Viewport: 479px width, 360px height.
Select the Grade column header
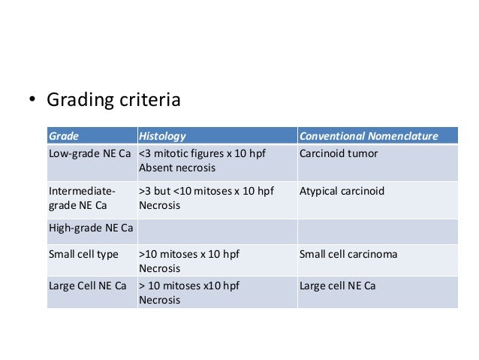pyautogui.click(x=64, y=136)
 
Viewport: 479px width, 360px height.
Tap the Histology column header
pyautogui.click(x=162, y=136)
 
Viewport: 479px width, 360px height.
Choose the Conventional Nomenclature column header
pyautogui.click(x=368, y=136)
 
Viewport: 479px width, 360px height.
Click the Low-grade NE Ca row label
pyautogui.click(x=90, y=154)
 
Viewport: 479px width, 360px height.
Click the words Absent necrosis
pyautogui.click(x=177, y=168)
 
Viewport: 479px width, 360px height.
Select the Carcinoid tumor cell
pyautogui.click(x=338, y=154)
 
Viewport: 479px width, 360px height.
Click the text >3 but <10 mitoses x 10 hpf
pyautogui.click(x=206, y=191)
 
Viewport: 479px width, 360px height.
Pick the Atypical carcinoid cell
pyautogui.click(x=342, y=191)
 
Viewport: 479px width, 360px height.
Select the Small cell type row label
pyautogui.click(x=83, y=254)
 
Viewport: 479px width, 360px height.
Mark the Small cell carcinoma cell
pyautogui.click(x=348, y=254)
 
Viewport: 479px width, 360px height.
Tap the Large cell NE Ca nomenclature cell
pyautogui.click(x=337, y=286)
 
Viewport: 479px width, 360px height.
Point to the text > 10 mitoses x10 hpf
pyautogui.click(x=189, y=286)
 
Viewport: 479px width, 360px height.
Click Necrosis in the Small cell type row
pyautogui.click(x=160, y=268)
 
